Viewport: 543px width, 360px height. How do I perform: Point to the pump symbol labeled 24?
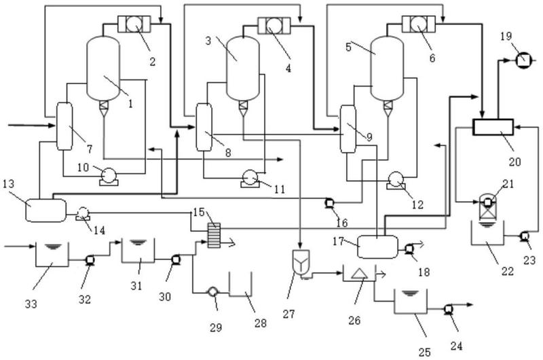[x=449, y=310]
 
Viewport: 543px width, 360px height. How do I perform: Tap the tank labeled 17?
[x=375, y=245]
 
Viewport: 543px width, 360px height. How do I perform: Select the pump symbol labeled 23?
[x=523, y=236]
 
